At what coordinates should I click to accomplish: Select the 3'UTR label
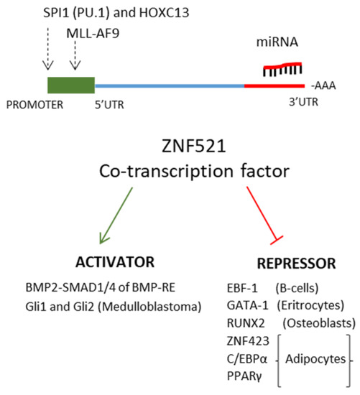click(x=300, y=103)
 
